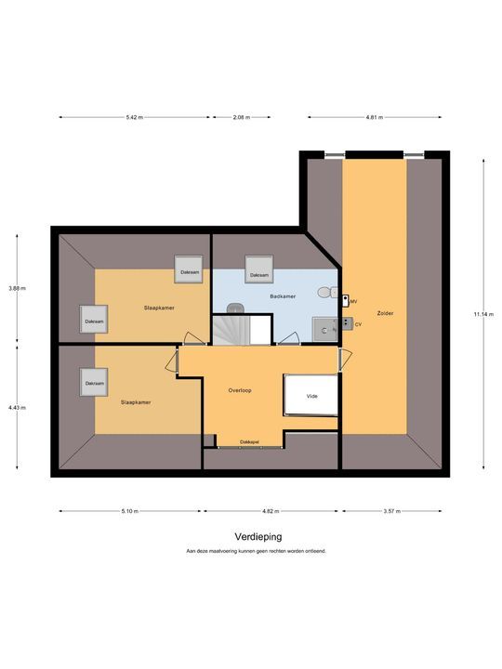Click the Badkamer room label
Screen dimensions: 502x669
pyautogui.click(x=283, y=296)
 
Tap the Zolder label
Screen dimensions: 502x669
pyautogui.click(x=385, y=313)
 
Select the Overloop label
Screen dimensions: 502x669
pyautogui.click(x=240, y=390)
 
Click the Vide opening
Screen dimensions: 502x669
pyautogui.click(x=311, y=395)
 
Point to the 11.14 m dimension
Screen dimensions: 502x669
pyautogui.click(x=483, y=314)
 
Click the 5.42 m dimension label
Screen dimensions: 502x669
pyautogui.click(x=135, y=117)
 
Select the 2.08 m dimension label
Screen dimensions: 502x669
pyautogui.click(x=242, y=117)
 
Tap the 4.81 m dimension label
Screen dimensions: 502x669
pyautogui.click(x=375, y=117)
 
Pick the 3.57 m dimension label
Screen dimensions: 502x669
pyautogui.click(x=392, y=511)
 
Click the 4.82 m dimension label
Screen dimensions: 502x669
pyautogui.click(x=271, y=511)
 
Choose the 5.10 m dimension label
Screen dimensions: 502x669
pyautogui.click(x=130, y=511)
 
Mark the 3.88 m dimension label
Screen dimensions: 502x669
pyautogui.click(x=17, y=288)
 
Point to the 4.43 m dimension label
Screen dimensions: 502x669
pyautogui.click(x=17, y=408)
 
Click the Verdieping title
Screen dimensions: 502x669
pyautogui.click(x=258, y=537)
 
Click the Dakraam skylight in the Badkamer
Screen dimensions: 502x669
pyautogui.click(x=259, y=269)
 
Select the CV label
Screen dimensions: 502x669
pyautogui.click(x=358, y=324)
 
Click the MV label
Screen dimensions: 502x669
pyautogui.click(x=353, y=302)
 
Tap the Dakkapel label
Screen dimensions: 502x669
pyautogui.click(x=249, y=442)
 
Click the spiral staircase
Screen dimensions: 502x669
pyautogui.click(x=231, y=330)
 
